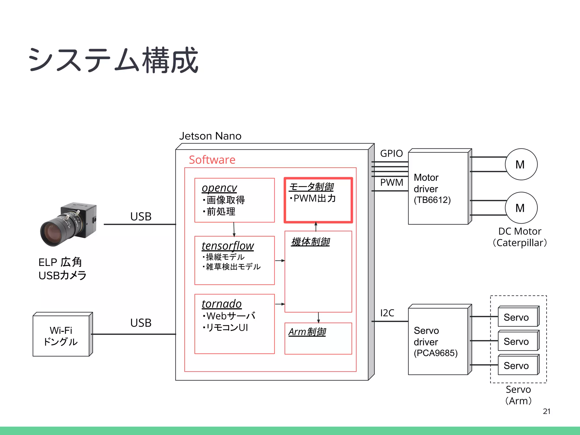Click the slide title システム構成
click(x=113, y=60)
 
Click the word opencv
click(x=219, y=188)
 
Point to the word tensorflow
click(x=228, y=246)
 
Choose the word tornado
click(x=221, y=304)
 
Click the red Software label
click(x=212, y=160)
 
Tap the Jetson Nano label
click(x=210, y=136)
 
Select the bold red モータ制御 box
click(x=318, y=200)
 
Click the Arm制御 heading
click(x=307, y=332)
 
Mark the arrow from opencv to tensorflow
click(x=234, y=229)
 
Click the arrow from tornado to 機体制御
click(x=280, y=304)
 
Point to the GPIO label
click(x=391, y=153)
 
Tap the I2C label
click(x=387, y=313)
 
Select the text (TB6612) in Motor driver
click(x=432, y=200)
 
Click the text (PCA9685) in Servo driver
click(x=435, y=353)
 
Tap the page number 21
click(x=547, y=411)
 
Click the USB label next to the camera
click(x=141, y=217)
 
